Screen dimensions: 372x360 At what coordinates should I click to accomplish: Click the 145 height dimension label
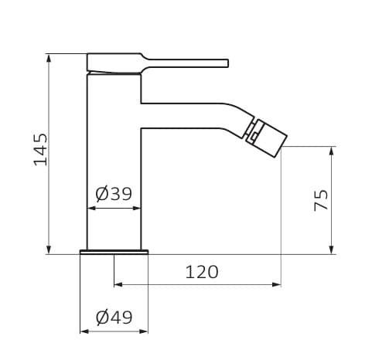tap(41, 150)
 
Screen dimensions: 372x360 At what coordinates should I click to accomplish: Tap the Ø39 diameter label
tap(114, 194)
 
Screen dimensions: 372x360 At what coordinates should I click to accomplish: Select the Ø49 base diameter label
tap(114, 318)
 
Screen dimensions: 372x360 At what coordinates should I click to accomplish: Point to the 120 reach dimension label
tap(202, 272)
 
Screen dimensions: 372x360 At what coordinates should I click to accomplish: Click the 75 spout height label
tap(321, 200)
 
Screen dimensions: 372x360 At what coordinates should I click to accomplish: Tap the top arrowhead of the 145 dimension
tap(49, 58)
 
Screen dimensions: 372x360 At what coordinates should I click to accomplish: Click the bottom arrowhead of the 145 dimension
tap(49, 250)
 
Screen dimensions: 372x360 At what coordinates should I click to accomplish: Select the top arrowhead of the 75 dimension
tap(332, 151)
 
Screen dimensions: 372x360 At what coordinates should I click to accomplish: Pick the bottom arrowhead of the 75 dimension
tap(332, 250)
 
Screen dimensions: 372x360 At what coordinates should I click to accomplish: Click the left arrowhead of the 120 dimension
tap(118, 284)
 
